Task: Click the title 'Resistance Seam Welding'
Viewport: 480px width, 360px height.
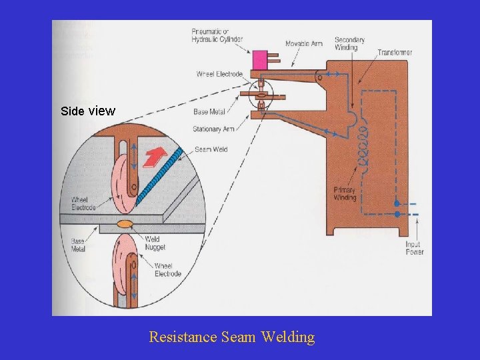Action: (231, 337)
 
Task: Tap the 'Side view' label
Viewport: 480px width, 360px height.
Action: (87, 111)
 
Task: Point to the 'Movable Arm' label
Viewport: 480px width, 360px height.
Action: (303, 44)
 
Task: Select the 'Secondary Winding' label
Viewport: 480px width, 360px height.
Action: (349, 43)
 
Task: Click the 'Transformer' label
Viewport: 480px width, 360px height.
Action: (394, 52)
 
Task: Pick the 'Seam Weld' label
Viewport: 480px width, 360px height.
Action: (211, 149)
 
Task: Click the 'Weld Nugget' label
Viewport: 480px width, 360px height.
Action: (156, 243)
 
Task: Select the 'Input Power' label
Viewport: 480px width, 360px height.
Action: (414, 248)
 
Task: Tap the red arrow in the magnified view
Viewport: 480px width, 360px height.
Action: (153, 157)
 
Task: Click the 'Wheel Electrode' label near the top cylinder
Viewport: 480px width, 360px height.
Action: (219, 74)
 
